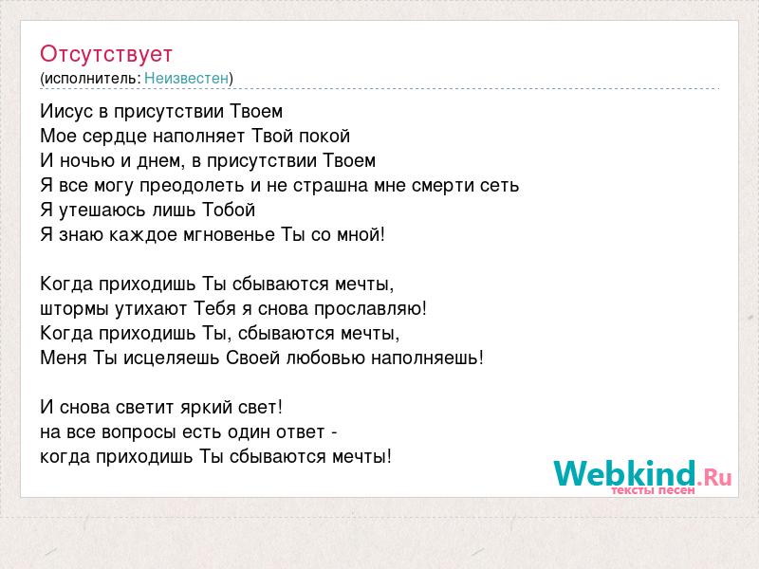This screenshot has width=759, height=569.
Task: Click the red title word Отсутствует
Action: [x=106, y=54]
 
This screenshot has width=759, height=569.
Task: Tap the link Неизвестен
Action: [x=186, y=78]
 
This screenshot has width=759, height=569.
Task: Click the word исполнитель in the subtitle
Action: [x=91, y=79]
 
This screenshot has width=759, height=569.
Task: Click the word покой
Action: [x=324, y=136]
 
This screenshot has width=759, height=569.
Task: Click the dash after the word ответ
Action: [x=334, y=432]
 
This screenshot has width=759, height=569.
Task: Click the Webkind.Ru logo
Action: [x=642, y=475]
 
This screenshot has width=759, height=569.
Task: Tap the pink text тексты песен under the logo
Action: [x=653, y=490]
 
